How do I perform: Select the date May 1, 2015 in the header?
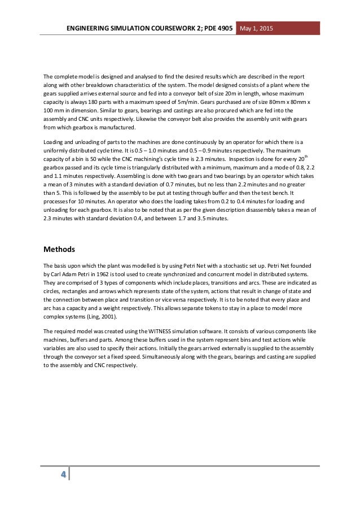coord(257,28)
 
